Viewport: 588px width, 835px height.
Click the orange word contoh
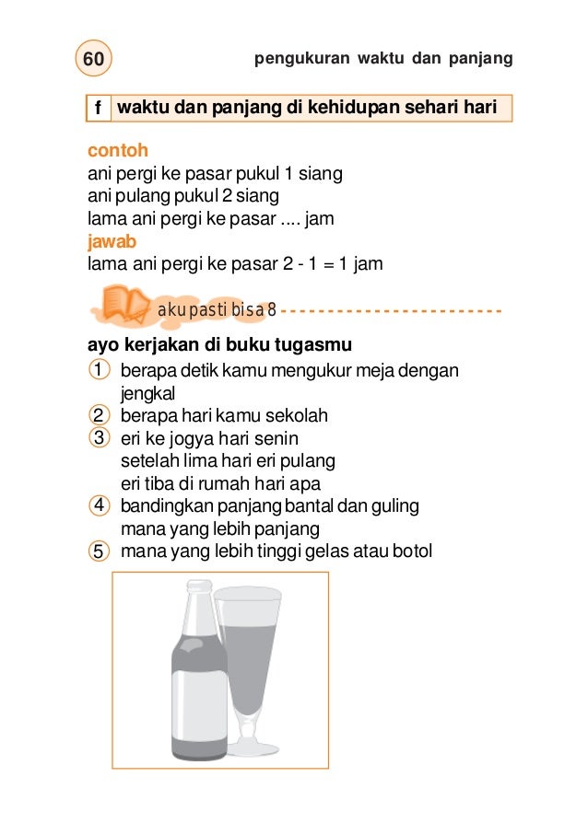pyautogui.click(x=118, y=150)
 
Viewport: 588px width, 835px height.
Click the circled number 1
pyautogui.click(x=97, y=371)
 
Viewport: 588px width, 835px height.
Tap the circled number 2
pyautogui.click(x=97, y=416)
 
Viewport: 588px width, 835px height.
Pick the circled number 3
pyautogui.click(x=97, y=438)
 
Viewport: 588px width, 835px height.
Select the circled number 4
pyautogui.click(x=97, y=506)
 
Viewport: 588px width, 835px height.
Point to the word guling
pyautogui.click(x=395, y=506)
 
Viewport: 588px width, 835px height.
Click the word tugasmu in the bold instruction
pyautogui.click(x=315, y=346)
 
